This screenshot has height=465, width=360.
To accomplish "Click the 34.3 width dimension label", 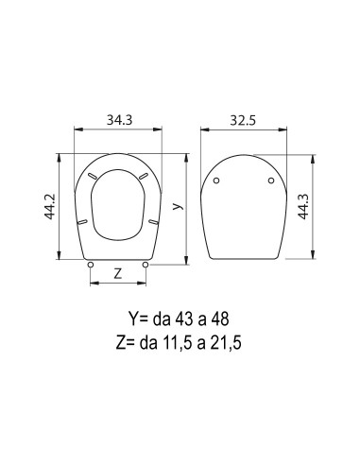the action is click(x=120, y=120).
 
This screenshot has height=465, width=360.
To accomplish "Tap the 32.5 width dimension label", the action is click(x=243, y=120).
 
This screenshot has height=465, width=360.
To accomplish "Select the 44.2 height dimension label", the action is click(x=50, y=206).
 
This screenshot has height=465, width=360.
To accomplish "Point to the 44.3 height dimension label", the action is click(x=303, y=206).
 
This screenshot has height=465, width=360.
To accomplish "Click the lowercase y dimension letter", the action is click(x=179, y=206).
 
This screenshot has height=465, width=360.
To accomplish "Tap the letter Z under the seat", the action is click(x=117, y=273).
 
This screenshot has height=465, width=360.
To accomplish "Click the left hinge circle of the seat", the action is click(x=91, y=265).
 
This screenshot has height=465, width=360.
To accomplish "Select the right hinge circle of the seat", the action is click(x=146, y=265).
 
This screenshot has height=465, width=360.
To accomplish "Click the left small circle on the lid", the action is click(x=216, y=181).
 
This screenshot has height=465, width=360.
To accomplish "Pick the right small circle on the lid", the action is click(x=271, y=181).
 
